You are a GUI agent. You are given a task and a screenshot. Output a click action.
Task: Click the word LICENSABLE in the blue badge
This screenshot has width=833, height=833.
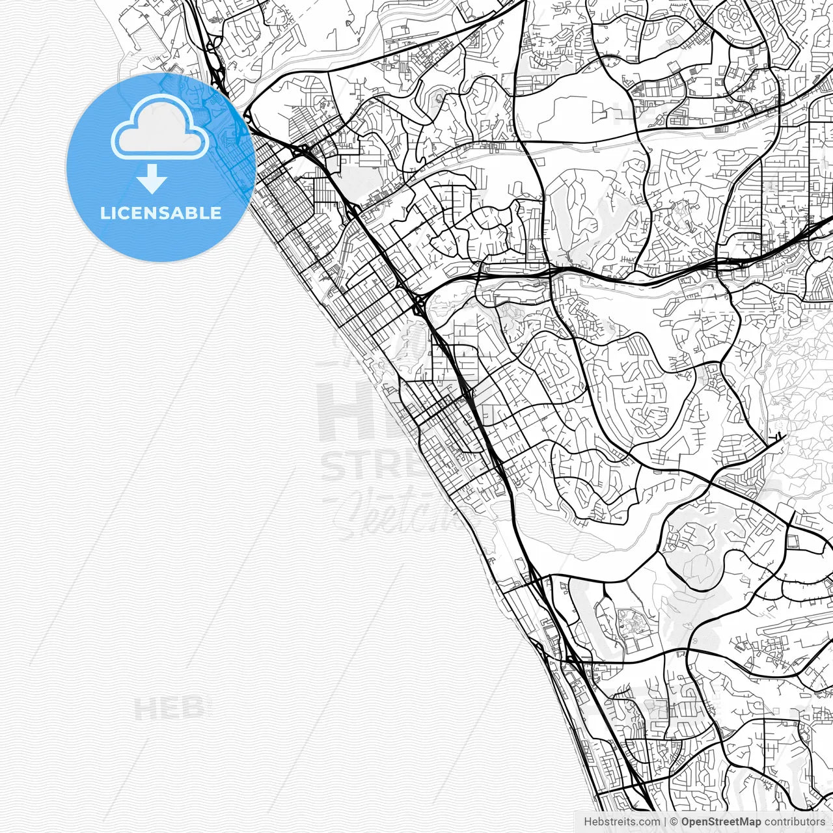pos(161,213)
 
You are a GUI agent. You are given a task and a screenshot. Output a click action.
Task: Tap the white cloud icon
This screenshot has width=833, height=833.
pos(160,127)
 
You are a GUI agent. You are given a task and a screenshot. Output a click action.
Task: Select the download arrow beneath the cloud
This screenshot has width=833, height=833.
pos(152,178)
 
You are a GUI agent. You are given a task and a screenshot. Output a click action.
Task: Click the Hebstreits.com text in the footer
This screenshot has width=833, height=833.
pos(621,822)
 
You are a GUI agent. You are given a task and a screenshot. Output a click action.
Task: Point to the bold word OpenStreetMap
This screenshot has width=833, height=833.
pos(721,822)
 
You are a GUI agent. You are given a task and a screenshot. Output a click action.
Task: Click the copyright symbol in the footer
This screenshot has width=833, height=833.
pos(674,822)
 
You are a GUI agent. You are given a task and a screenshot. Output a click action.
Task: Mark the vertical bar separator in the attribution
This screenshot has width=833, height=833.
pos(665,822)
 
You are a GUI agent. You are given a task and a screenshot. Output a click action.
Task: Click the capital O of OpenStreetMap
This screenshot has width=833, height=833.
pos(686,822)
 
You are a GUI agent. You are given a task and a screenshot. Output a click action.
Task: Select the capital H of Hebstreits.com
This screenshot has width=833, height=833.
pos(588,822)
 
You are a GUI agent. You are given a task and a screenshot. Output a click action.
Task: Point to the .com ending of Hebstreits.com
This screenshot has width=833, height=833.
pos(648,822)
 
